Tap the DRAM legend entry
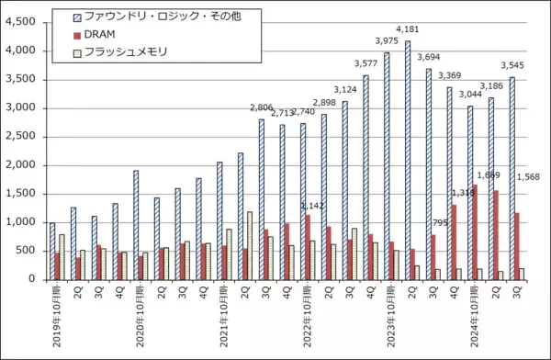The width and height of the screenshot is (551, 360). tap(107, 34)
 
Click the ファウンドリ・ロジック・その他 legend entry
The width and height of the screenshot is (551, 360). tap(165, 17)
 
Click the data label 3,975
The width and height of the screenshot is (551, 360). tap(387, 41)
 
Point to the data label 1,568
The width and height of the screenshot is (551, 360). tap(531, 177)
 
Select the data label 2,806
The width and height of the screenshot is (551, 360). tap(263, 108)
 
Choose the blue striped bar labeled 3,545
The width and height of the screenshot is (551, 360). tap(512, 178)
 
